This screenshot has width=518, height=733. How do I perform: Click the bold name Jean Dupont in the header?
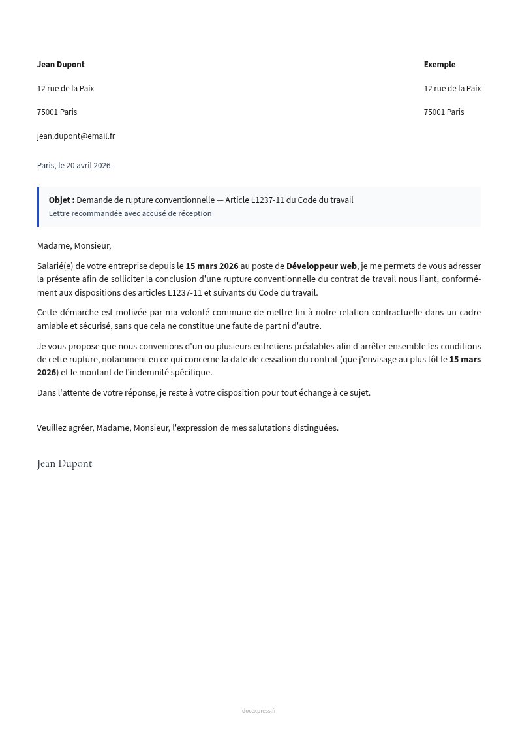[x=61, y=65]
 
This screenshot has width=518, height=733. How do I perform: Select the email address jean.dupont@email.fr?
[x=76, y=136]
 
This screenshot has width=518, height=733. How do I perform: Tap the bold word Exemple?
[x=440, y=65]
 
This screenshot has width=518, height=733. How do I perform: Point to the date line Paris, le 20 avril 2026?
[x=74, y=166]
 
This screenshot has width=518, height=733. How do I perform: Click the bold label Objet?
[x=61, y=200]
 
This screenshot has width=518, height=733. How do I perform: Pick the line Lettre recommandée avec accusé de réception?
[x=130, y=213]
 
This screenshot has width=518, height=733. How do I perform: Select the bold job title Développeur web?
[x=322, y=266]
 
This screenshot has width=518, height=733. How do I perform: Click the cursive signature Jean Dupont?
[x=65, y=463]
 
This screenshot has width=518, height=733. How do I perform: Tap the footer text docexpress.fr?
[x=259, y=711]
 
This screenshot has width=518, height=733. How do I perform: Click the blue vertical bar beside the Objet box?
[x=38, y=207]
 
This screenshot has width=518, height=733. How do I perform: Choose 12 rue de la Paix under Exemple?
[x=452, y=89]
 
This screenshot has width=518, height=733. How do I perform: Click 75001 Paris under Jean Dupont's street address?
[x=57, y=112]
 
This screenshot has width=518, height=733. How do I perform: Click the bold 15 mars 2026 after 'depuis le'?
[x=212, y=266]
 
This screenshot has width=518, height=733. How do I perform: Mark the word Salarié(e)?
[x=55, y=266]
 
